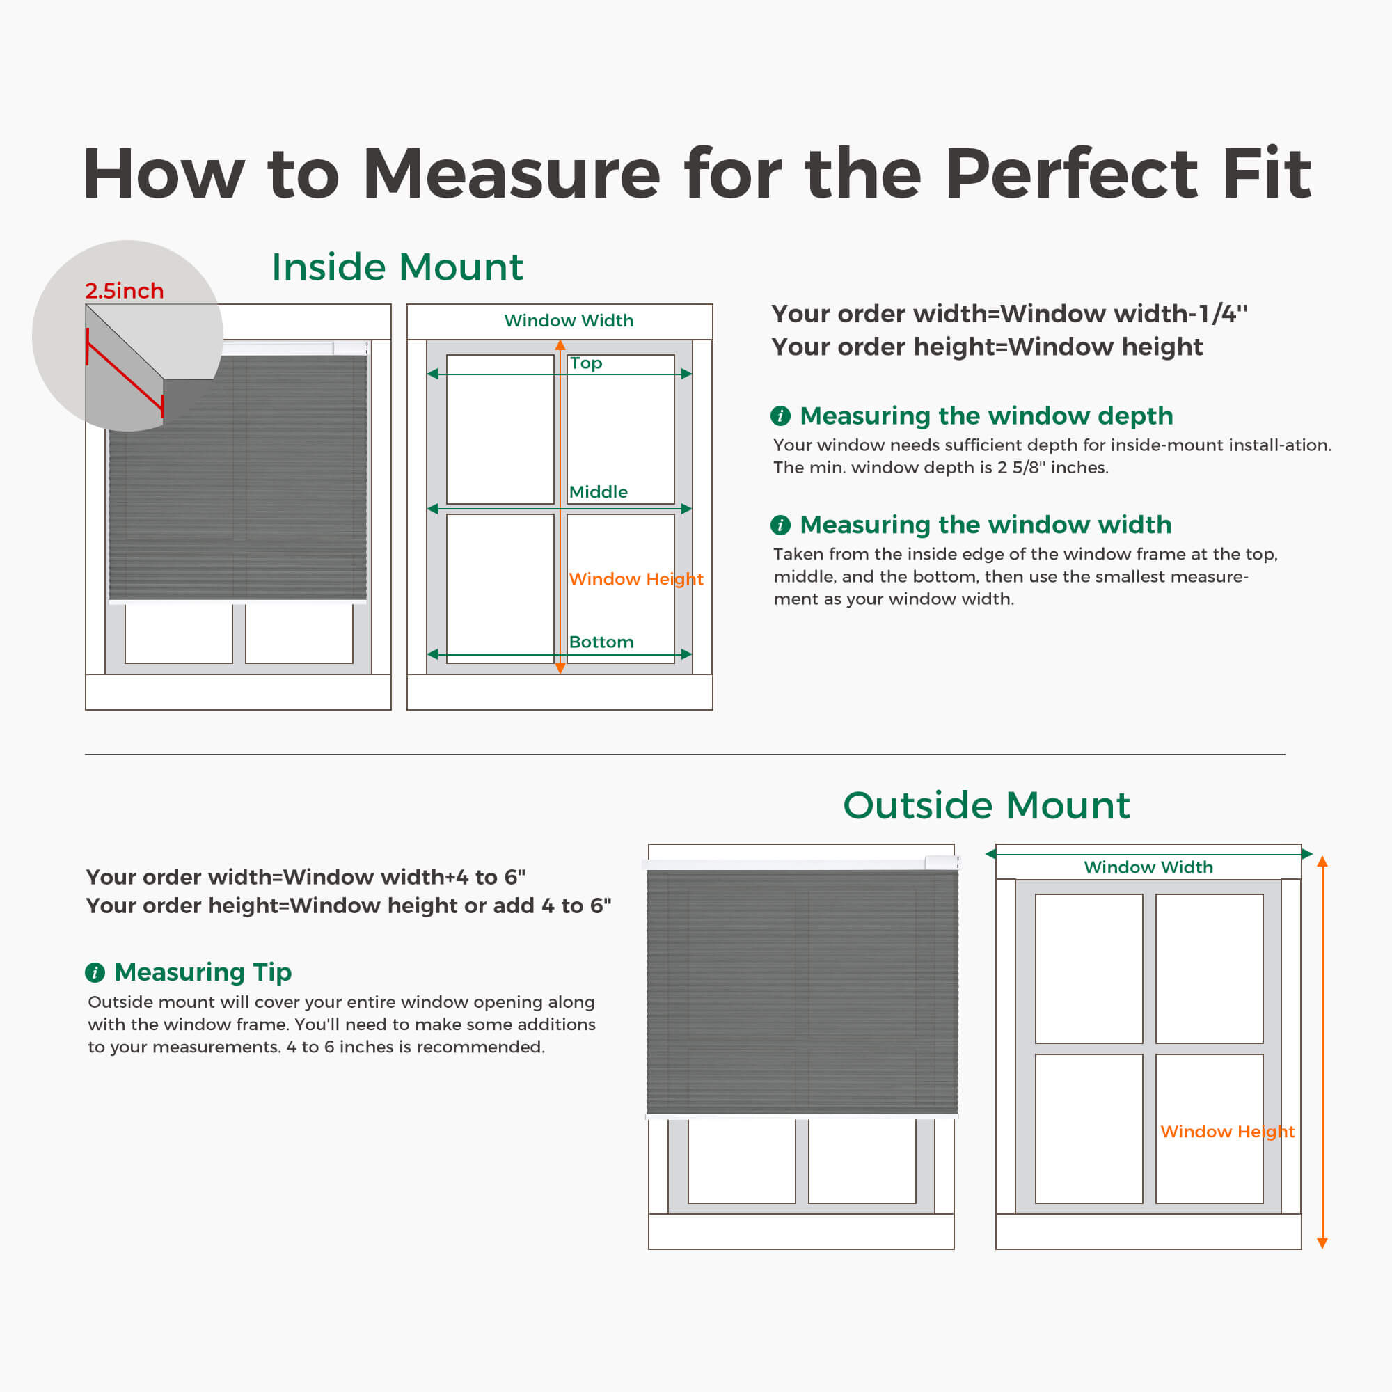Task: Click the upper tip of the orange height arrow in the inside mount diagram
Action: point(560,340)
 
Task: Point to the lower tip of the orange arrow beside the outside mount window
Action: point(1322,1249)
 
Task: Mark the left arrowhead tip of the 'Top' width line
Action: point(427,374)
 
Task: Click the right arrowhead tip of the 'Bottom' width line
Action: point(693,654)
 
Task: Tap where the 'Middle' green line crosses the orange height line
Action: point(560,509)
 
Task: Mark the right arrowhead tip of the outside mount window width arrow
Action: point(1313,854)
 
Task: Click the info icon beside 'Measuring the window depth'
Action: point(780,416)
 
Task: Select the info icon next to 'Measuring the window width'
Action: point(780,525)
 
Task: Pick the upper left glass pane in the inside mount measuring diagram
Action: point(500,429)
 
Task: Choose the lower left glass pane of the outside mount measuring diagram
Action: point(1089,1129)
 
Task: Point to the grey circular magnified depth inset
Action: point(127,335)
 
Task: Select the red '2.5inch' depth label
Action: point(124,290)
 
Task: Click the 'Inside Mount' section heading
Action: point(397,267)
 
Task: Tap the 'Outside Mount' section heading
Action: point(986,805)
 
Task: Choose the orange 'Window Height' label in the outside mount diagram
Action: point(1227,1132)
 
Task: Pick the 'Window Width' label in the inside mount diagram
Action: point(569,321)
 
